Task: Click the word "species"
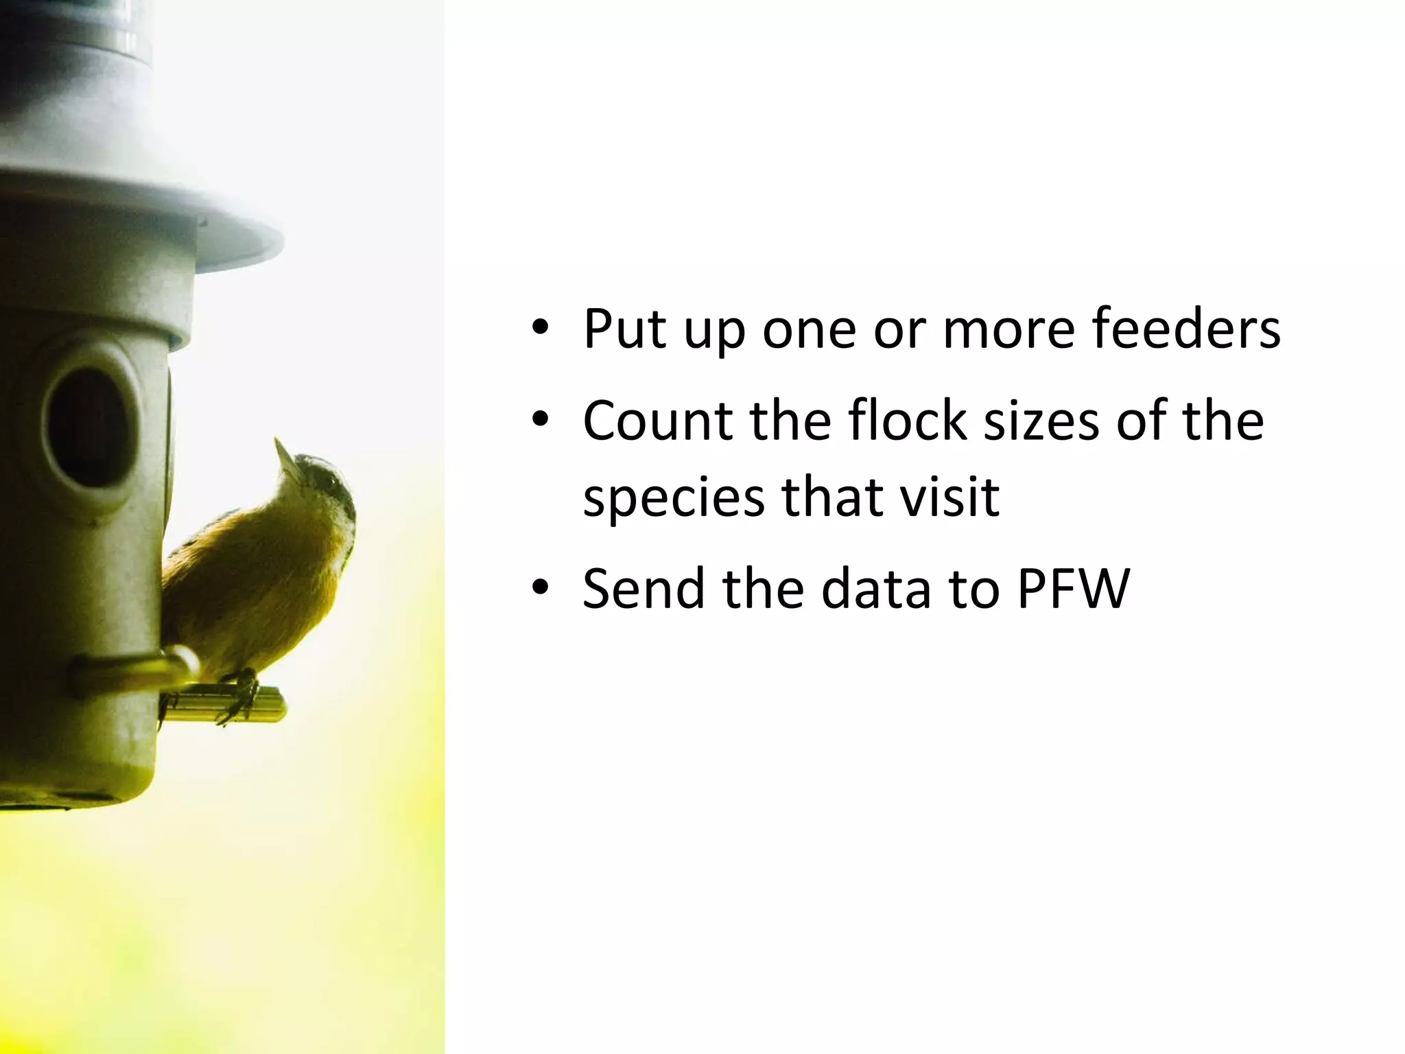(673, 498)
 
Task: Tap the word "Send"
(643, 588)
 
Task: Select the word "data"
(876, 588)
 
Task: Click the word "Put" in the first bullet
(624, 328)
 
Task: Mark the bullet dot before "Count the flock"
(541, 420)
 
